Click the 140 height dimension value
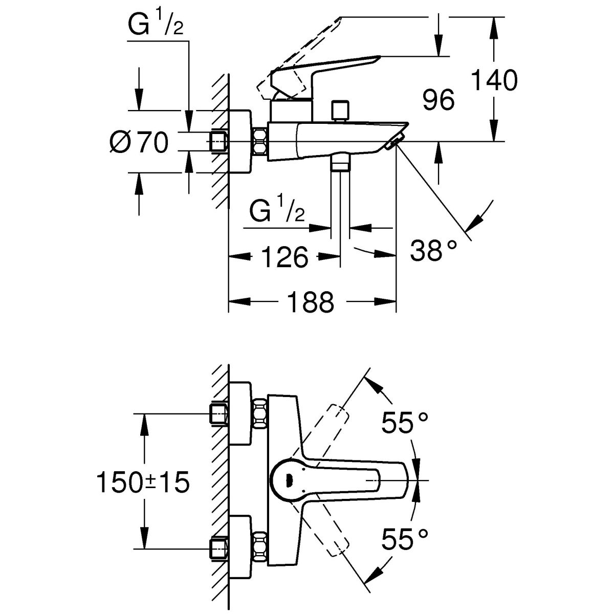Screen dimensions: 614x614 [x=494, y=81]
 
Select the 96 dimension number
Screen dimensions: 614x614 [x=439, y=100]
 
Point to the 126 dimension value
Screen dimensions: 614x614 [x=286, y=256]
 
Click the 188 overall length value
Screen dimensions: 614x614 [x=311, y=302]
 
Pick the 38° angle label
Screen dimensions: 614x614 [x=433, y=251]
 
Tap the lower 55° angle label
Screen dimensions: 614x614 [x=404, y=539]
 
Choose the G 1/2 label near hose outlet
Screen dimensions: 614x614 [x=277, y=210]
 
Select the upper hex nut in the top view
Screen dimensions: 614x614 [x=260, y=413]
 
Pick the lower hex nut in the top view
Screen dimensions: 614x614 [x=260, y=548]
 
